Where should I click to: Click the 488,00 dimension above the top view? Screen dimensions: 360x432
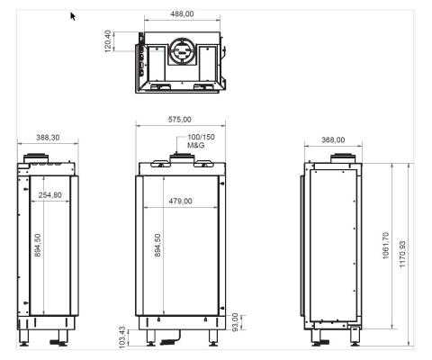181,14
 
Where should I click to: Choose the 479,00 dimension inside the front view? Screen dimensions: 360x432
181,201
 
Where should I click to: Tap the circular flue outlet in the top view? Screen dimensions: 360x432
181,52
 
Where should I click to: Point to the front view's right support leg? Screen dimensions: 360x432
212,339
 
